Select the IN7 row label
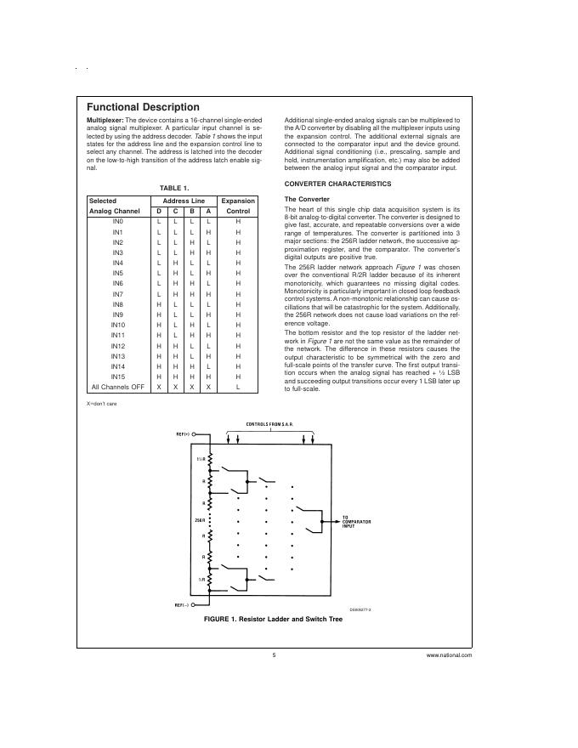(118, 294)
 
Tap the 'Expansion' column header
(238, 201)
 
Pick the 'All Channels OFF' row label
(118, 388)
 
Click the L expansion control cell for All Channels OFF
(238, 388)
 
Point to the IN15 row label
(118, 377)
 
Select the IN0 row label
(118, 221)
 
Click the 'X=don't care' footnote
(101, 403)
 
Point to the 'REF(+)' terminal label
(182, 433)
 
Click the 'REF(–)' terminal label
(182, 605)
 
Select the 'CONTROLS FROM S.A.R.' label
(269, 422)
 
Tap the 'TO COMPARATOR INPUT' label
(356, 521)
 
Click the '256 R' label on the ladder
(200, 518)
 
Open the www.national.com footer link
(449, 655)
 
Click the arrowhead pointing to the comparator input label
(337, 518)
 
